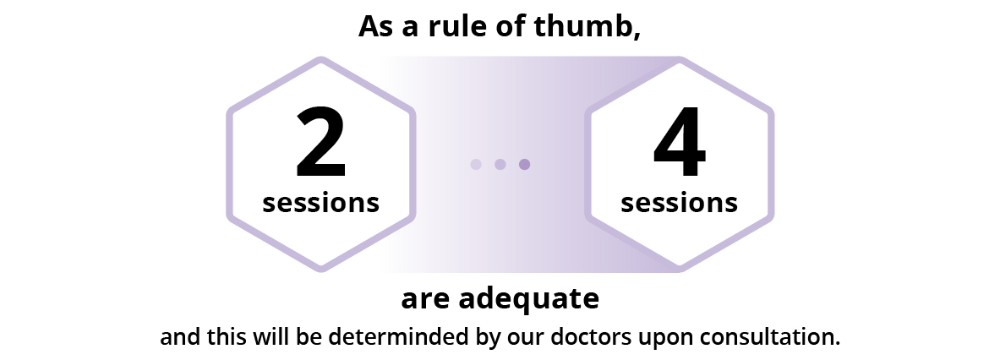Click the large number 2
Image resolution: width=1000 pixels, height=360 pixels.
tap(320, 141)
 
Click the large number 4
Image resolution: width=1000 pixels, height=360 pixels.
tap(680, 141)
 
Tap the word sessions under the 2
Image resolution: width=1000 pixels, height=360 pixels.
tap(320, 203)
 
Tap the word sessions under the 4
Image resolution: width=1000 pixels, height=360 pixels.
tap(680, 203)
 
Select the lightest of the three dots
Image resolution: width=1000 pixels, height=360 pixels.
tap(476, 165)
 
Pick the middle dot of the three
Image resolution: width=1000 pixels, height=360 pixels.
tap(500, 165)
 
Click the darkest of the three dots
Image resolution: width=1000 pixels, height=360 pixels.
tap(524, 165)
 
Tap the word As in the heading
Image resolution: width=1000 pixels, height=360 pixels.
tap(375, 27)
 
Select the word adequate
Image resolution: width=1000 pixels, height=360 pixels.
tap(528, 299)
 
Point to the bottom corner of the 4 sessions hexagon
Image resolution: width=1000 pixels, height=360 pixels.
tap(680, 268)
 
